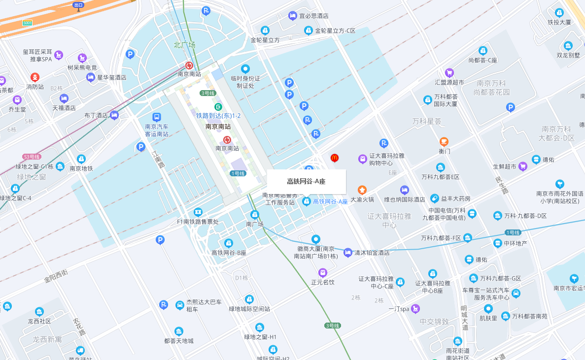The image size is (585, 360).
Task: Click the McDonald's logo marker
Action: [335, 158]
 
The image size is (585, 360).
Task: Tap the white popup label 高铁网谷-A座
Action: [306, 182]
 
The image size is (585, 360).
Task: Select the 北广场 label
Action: [184, 45]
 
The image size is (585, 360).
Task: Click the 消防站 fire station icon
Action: [35, 77]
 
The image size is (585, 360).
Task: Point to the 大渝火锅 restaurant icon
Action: [362, 190]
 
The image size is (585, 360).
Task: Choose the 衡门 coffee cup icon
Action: [444, 142]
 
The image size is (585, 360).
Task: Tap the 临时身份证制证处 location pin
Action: [245, 69]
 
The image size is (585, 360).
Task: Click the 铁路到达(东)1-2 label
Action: [218, 116]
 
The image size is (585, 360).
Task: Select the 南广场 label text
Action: [255, 224]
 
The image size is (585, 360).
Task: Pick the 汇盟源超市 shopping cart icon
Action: [449, 73]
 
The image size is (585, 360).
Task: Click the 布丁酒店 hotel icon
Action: [115, 115]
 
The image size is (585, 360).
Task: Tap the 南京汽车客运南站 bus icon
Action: [156, 117]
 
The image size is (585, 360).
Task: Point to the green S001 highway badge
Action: [28, 23]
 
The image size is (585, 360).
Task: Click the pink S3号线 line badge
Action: [32, 157]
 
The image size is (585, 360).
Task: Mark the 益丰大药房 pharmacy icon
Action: [434, 198]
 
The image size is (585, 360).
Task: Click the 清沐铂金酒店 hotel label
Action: [372, 253]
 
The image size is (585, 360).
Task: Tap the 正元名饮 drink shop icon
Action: [323, 272]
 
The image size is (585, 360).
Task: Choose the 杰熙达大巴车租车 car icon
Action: [180, 305]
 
